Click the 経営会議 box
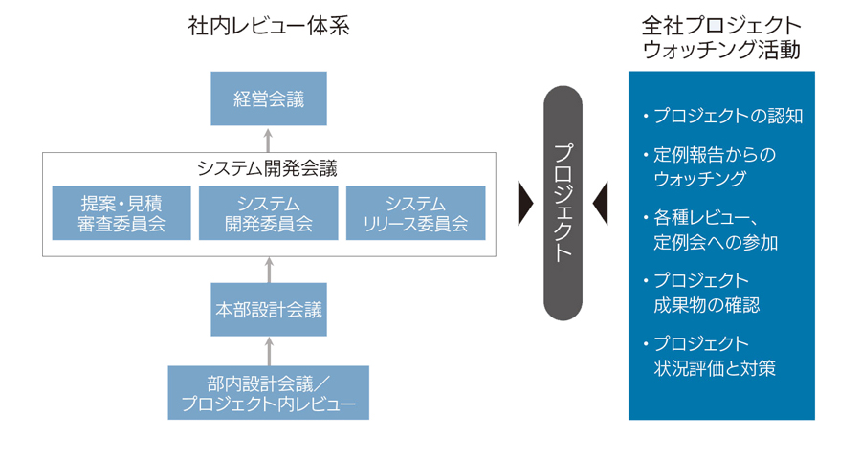coord(269,98)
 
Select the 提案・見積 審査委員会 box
coord(121,213)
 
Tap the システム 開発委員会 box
coord(269,213)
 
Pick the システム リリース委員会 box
coord(415,213)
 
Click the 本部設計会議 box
coord(269,309)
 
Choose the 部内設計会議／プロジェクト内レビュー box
coord(269,392)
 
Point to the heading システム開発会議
coord(269,168)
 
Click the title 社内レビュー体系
coord(269,27)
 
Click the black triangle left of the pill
coord(524,203)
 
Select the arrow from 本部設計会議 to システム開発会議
coord(269,269)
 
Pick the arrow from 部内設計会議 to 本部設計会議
coord(269,350)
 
